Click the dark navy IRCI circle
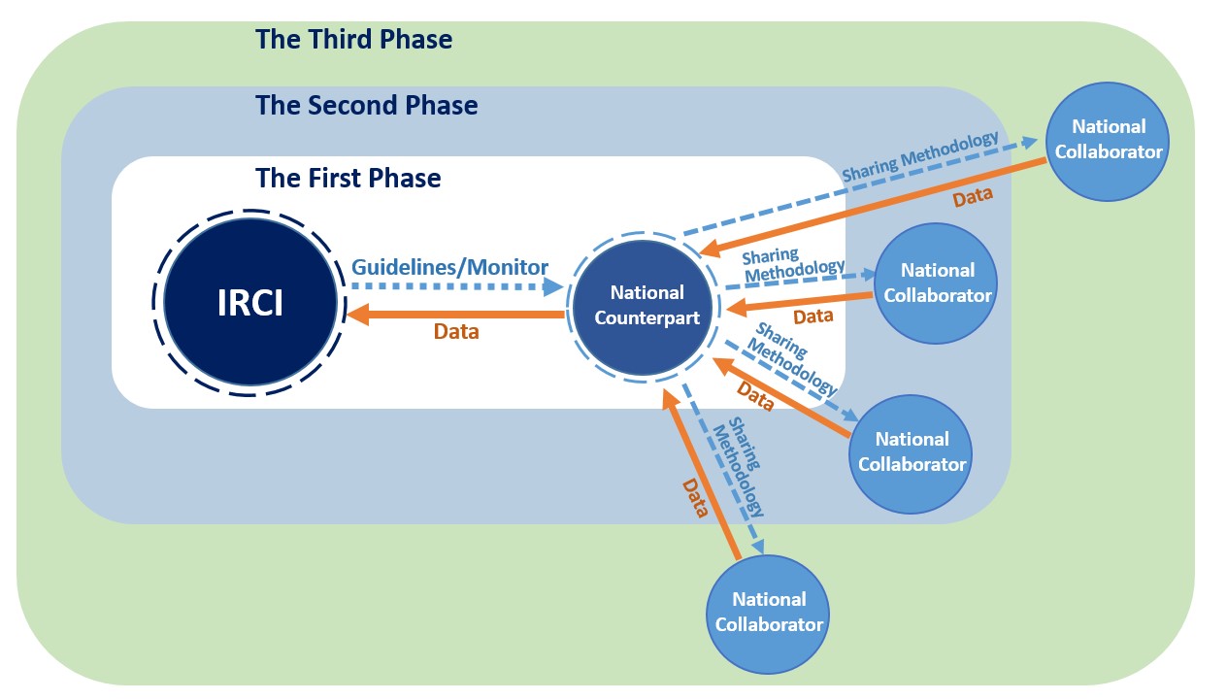point(250,302)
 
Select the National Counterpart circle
point(643,307)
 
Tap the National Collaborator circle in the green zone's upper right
point(1108,142)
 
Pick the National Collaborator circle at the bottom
point(768,614)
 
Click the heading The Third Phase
point(354,40)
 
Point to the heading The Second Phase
point(367,105)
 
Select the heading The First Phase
point(348,178)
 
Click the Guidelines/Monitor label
point(449,267)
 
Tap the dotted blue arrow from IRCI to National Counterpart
point(457,286)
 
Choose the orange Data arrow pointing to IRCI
point(455,315)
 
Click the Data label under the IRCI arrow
point(456,331)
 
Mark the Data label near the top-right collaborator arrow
point(973,197)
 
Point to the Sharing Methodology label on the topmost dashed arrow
point(920,156)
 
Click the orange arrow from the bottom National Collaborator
point(701,475)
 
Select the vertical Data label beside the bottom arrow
point(695,498)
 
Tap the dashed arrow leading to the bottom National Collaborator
point(722,469)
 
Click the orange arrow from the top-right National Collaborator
point(873,207)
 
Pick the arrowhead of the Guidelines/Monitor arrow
point(553,286)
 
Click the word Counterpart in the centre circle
point(647,317)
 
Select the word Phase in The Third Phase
point(416,40)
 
